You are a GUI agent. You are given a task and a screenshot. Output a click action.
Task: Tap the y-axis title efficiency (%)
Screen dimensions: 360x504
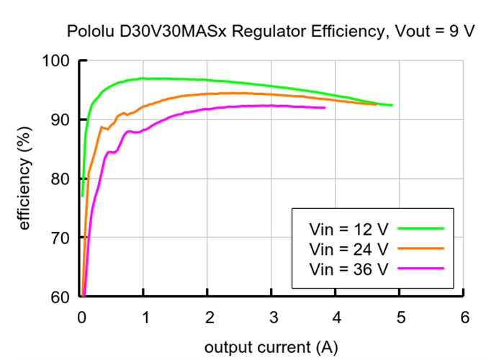pyautogui.click(x=25, y=179)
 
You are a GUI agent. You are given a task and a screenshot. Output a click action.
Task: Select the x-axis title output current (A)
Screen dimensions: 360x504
pyautogui.click(x=271, y=347)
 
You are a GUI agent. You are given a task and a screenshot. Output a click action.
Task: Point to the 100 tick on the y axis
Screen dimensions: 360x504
pyautogui.click(x=57, y=60)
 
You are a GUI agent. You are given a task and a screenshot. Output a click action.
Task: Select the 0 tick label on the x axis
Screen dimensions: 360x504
pyautogui.click(x=81, y=318)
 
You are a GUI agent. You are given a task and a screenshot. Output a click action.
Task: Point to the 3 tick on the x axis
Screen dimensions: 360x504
pyautogui.click(x=272, y=318)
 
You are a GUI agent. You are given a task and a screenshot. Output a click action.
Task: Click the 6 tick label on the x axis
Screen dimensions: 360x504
pyautogui.click(x=464, y=318)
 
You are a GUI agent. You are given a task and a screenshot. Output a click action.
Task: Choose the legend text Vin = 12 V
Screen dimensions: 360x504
pyautogui.click(x=348, y=229)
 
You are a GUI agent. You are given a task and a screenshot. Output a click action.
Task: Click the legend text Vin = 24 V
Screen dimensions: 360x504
pyautogui.click(x=348, y=249)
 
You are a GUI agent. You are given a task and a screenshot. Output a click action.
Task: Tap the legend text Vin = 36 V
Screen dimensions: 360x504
pyautogui.click(x=348, y=269)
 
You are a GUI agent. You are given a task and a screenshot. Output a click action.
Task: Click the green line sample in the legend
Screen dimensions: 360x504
pyautogui.click(x=420, y=228)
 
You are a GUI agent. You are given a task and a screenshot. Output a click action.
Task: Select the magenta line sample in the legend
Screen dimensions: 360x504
pyautogui.click(x=420, y=268)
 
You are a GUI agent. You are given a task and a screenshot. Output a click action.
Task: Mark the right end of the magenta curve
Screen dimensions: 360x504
pyautogui.click(x=325, y=108)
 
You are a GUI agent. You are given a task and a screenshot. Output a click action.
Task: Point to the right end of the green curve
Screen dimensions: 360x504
pyautogui.click(x=392, y=105)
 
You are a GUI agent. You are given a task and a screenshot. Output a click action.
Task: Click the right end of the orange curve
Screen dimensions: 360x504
pyautogui.click(x=376, y=104)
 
